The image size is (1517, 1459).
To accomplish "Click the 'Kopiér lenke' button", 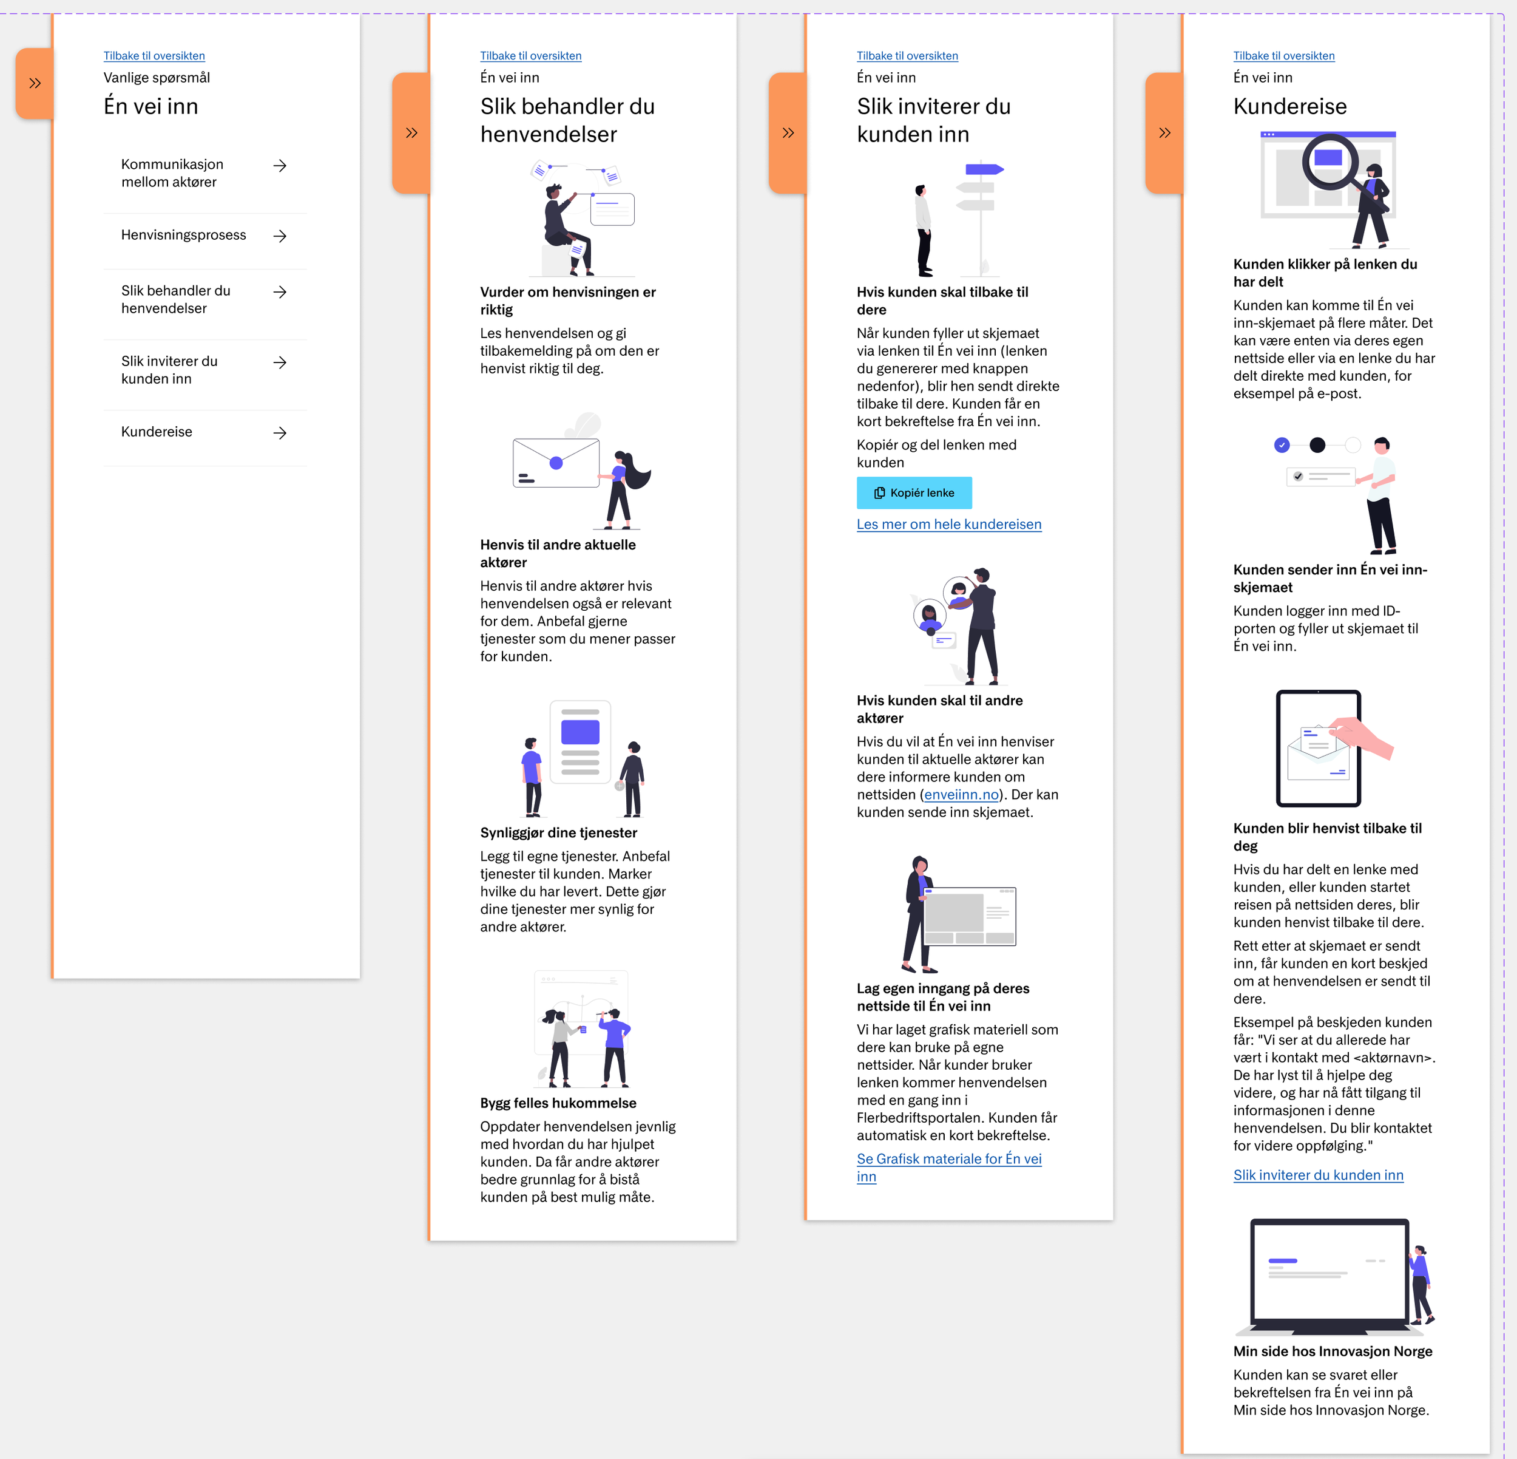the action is pyautogui.click(x=914, y=492).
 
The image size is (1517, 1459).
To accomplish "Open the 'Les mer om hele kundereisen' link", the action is pyautogui.click(x=949, y=524).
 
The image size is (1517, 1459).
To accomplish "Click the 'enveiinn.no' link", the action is pyautogui.click(x=961, y=795).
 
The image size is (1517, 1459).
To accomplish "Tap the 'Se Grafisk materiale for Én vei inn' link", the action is pyautogui.click(x=949, y=1167).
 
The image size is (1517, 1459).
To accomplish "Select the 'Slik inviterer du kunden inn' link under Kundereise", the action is pyautogui.click(x=1318, y=1175).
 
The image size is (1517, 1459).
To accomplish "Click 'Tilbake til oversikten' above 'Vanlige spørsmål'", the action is pyautogui.click(x=154, y=56).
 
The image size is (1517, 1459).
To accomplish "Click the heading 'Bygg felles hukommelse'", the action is pyautogui.click(x=558, y=1103).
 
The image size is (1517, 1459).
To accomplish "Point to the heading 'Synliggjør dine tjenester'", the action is pyautogui.click(x=559, y=832).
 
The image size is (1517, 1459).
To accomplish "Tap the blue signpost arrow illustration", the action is pyautogui.click(x=984, y=169).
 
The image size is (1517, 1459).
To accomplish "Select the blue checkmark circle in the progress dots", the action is pyautogui.click(x=1282, y=444).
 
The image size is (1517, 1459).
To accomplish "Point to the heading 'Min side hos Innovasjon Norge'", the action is pyautogui.click(x=1333, y=1352).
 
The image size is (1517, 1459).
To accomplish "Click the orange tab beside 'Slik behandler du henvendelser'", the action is pyautogui.click(x=411, y=132).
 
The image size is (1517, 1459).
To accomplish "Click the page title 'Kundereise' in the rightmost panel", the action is pyautogui.click(x=1290, y=106).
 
